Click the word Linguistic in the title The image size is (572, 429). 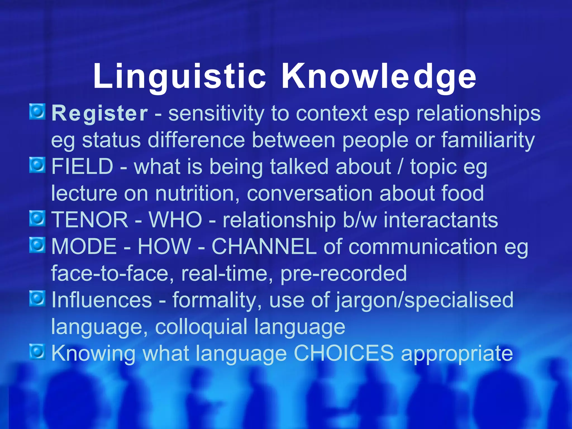click(180, 76)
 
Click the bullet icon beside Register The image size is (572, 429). click(37, 112)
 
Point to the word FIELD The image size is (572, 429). click(82, 166)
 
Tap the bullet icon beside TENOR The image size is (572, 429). click(37, 218)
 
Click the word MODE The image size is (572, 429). click(84, 247)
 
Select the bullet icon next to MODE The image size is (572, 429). click(37, 245)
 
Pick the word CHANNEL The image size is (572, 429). click(264, 247)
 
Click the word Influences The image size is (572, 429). click(102, 300)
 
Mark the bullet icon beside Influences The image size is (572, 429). click(37, 298)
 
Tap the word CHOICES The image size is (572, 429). click(344, 353)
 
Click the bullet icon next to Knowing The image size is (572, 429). click(37, 352)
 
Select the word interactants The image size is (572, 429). click(441, 220)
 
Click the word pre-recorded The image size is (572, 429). click(344, 273)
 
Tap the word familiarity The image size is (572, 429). click(488, 140)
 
